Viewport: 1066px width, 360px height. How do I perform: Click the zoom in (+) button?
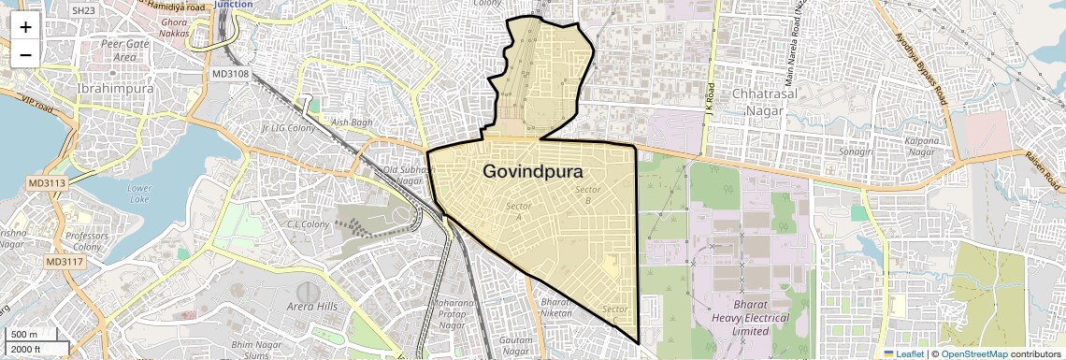[25, 26]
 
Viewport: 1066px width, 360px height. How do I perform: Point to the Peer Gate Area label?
[125, 50]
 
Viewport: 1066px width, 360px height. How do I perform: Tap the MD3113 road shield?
[46, 183]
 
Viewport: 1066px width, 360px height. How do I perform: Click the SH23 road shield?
[83, 10]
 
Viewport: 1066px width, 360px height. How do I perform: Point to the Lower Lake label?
[139, 193]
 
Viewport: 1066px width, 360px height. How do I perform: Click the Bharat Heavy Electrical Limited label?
[762, 319]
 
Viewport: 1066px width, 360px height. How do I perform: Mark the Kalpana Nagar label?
[921, 147]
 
